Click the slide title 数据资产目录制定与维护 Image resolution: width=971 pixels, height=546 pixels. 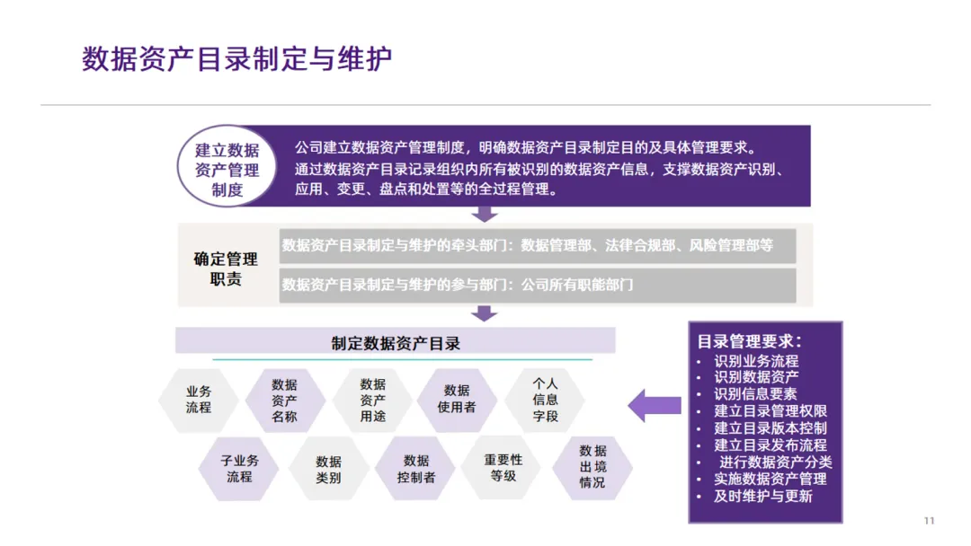click(237, 59)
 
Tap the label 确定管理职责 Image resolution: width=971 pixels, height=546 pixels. click(226, 269)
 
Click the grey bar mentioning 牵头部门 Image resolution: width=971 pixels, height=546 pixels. click(537, 245)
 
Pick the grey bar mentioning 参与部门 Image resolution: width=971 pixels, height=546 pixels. click(537, 285)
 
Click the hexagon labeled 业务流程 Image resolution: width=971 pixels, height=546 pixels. click(199, 400)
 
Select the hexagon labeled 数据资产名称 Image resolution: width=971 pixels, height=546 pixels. click(284, 400)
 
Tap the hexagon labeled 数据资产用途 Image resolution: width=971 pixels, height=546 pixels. click(372, 400)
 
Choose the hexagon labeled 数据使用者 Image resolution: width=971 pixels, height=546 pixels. click(457, 400)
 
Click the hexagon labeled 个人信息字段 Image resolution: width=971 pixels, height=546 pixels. click(545, 400)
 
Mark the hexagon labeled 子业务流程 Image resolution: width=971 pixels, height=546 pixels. click(239, 469)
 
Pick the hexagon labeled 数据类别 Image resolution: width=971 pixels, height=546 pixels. click(328, 469)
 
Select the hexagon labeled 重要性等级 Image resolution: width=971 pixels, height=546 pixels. click(503, 467)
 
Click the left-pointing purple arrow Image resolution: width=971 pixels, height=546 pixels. click(654, 405)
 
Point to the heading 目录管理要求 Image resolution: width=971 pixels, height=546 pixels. click(750, 341)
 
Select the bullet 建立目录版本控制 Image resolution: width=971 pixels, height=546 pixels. click(771, 428)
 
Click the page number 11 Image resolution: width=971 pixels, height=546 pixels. click(930, 521)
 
